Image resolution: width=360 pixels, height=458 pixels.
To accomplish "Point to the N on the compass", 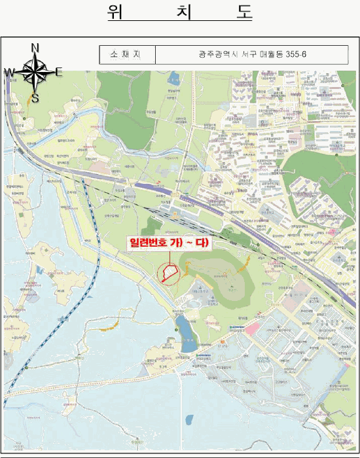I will coord(35,47).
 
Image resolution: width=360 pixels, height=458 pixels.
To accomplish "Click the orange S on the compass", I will coord(35,99).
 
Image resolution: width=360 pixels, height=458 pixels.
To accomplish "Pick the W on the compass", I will coord(9,73).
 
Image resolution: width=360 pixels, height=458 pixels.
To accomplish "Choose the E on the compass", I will coord(59,72).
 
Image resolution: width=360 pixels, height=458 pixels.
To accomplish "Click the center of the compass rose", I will coord(35,72).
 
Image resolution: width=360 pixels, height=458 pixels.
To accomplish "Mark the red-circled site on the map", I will coord(169,272).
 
